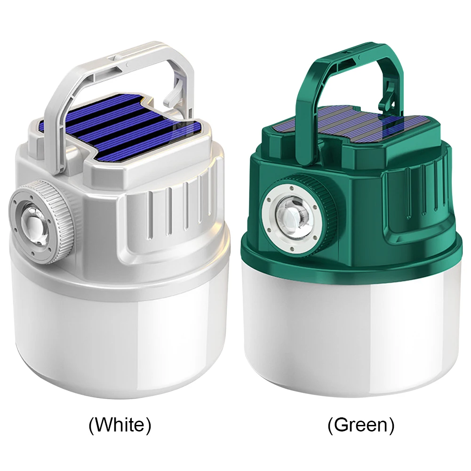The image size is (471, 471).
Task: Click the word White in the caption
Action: [120, 425]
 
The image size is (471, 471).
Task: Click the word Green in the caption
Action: [361, 425]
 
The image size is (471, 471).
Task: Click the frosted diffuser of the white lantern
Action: [118, 339]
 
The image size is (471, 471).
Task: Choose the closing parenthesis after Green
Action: [391, 425]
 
